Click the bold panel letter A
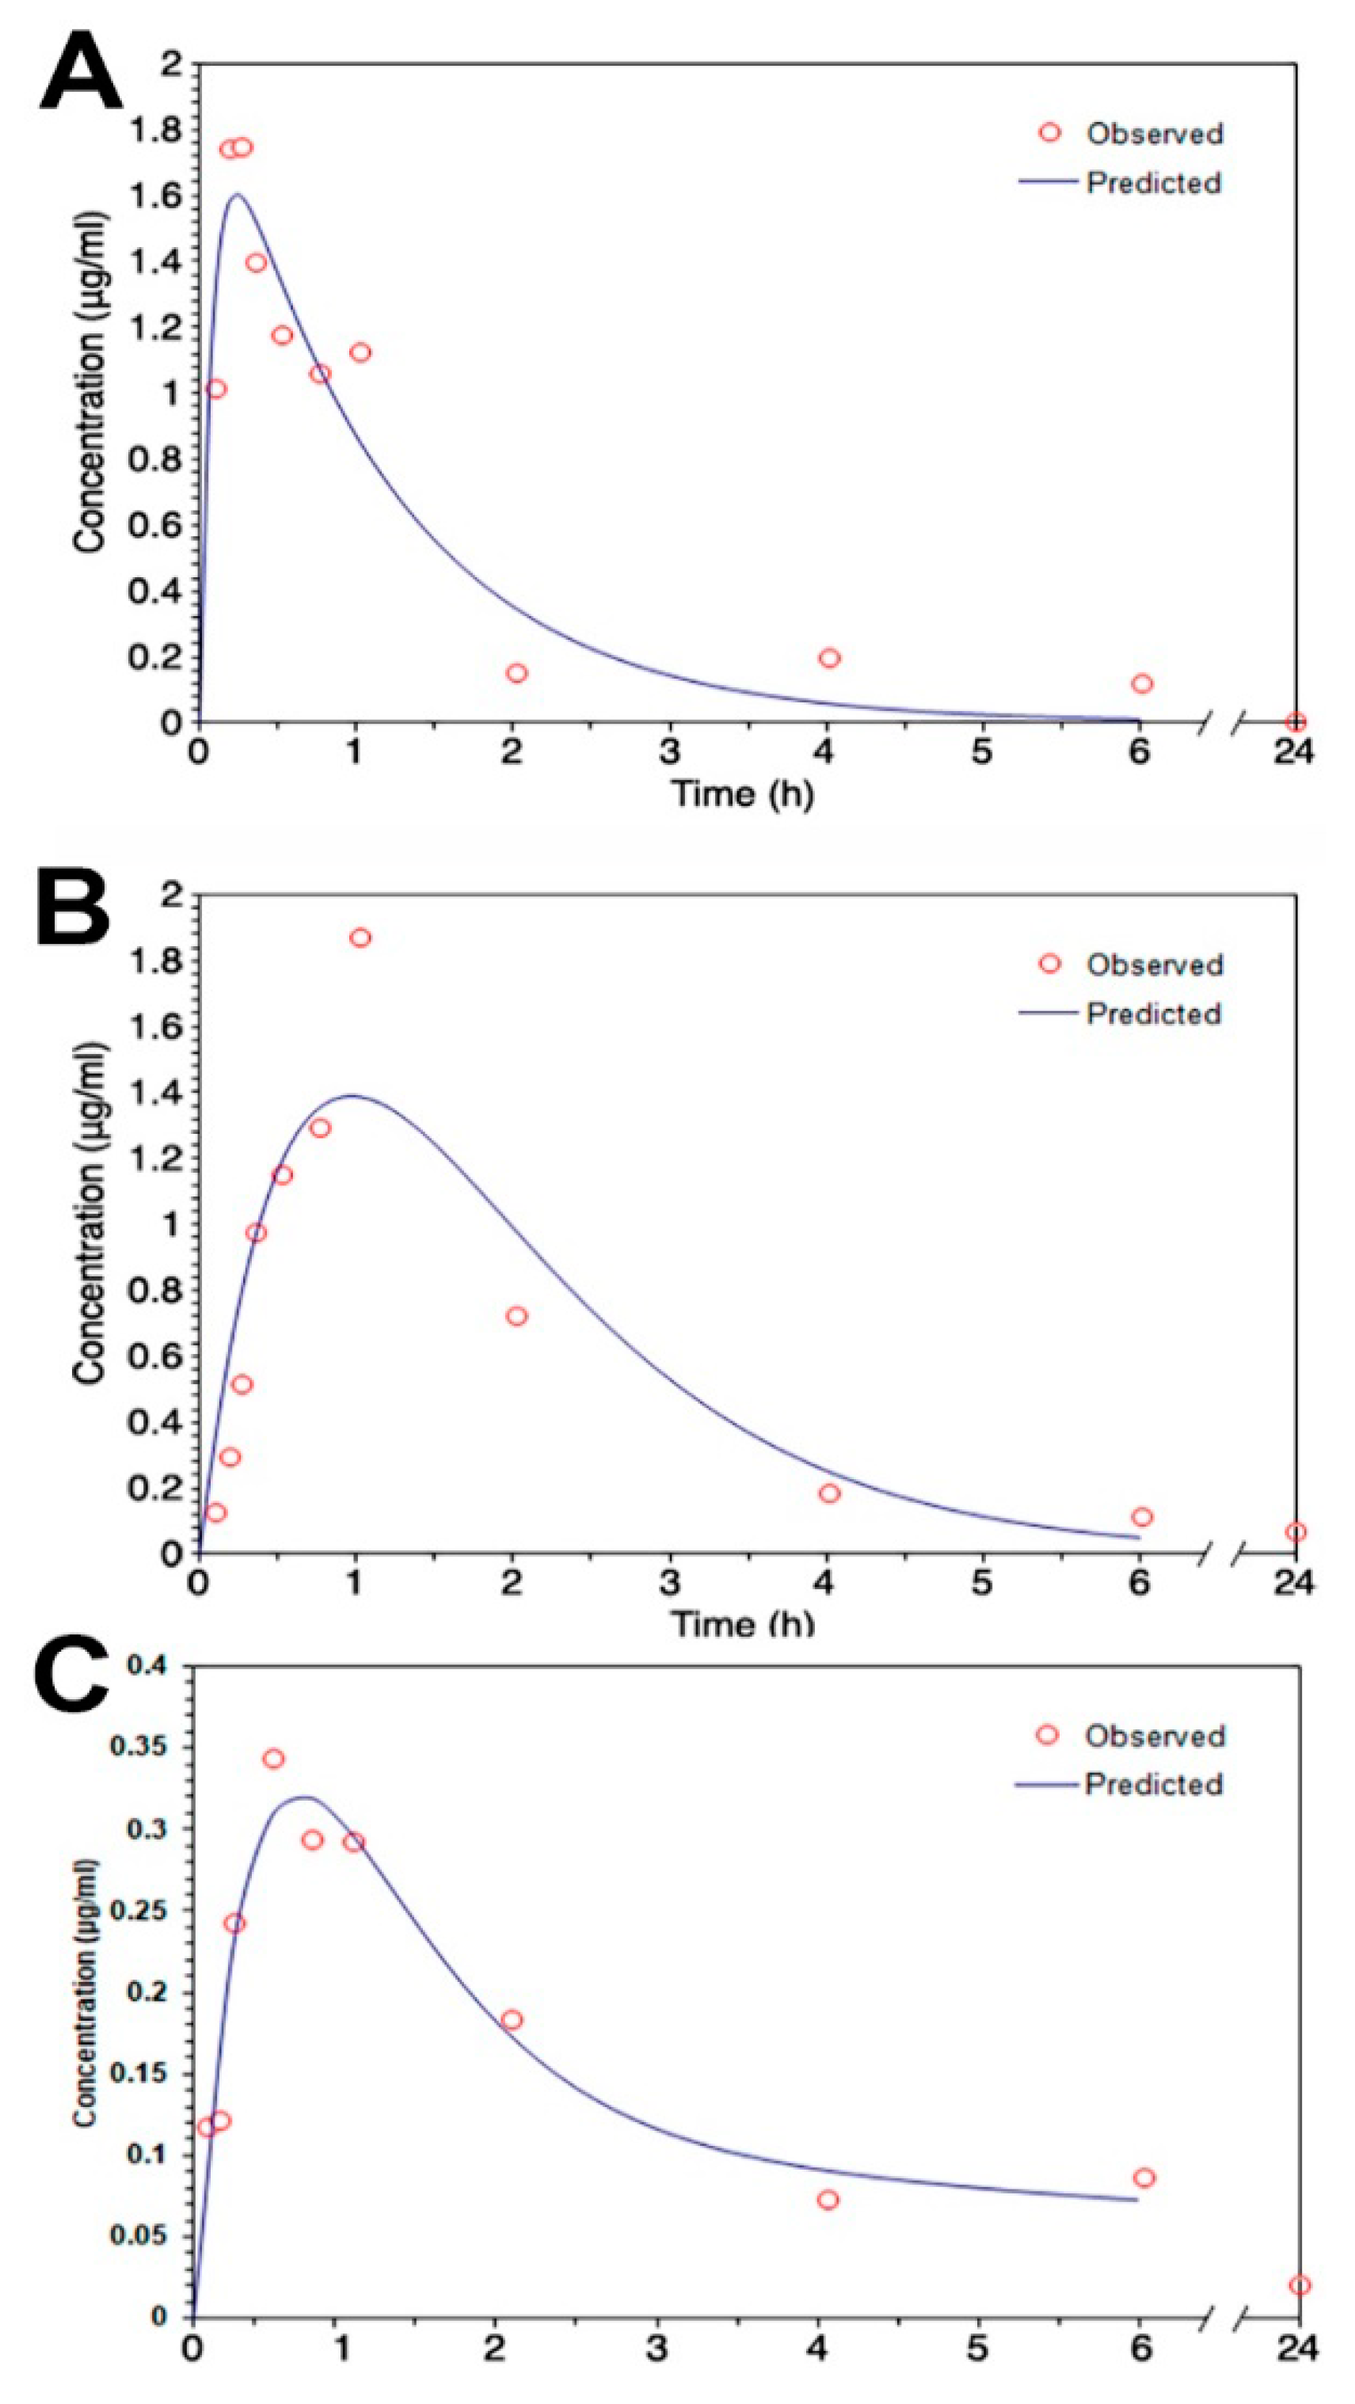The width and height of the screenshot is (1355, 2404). pyautogui.click(x=82, y=72)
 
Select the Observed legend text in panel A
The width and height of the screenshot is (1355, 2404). pyautogui.click(x=1153, y=134)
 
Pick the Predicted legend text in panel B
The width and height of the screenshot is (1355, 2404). pyautogui.click(x=1153, y=1013)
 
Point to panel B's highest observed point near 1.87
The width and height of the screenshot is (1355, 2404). pyautogui.click(x=360, y=938)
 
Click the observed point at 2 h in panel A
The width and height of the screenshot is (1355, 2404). pyautogui.click(x=517, y=673)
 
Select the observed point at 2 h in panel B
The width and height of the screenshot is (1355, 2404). pyautogui.click(x=516, y=1316)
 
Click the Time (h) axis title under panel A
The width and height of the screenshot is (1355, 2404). pyautogui.click(x=742, y=794)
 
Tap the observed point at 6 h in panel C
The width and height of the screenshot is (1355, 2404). pyautogui.click(x=1144, y=2178)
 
